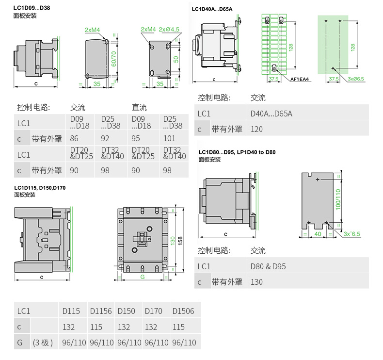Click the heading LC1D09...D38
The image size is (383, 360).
pyautogui.click(x=32, y=8)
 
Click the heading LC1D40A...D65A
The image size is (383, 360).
pyautogui.click(x=212, y=8)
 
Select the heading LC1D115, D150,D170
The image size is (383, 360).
pyautogui.click(x=40, y=188)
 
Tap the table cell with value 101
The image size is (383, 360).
pyautogui.click(x=169, y=138)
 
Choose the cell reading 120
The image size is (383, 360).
pyautogui.click(x=257, y=129)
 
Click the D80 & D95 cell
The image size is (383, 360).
pyautogui.click(x=268, y=266)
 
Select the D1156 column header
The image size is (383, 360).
pyautogui.click(x=101, y=311)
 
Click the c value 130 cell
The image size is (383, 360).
pyautogui.click(x=257, y=282)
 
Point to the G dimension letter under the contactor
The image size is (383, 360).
pyautogui.click(x=143, y=278)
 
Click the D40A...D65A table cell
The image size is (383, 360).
pyautogui.click(x=271, y=114)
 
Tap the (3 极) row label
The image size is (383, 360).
pyautogui.click(x=43, y=343)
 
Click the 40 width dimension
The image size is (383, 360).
pyautogui.click(x=318, y=234)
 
